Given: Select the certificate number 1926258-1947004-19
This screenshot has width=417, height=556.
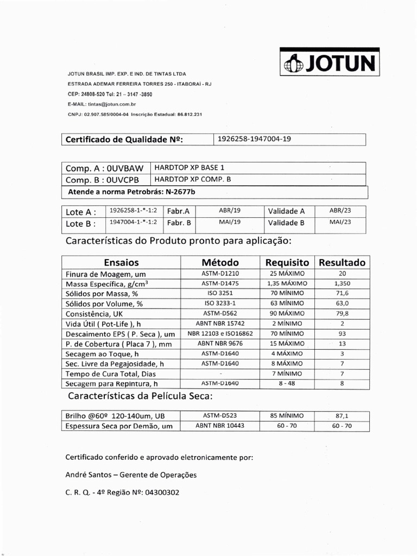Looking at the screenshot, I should point(254,139).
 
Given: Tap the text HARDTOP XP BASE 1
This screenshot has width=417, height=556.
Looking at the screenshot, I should point(189,168).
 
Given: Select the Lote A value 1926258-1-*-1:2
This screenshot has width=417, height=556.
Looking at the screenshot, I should point(133,211).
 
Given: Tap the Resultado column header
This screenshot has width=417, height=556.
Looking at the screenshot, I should point(342,262).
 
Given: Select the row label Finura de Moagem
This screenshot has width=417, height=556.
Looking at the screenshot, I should point(105,274).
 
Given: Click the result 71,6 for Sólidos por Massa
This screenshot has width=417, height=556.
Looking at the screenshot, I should point(342,294).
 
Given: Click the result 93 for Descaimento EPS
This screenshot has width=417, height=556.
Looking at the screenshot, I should point(342,333).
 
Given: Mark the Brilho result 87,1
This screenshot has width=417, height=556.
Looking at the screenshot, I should point(342,416).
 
